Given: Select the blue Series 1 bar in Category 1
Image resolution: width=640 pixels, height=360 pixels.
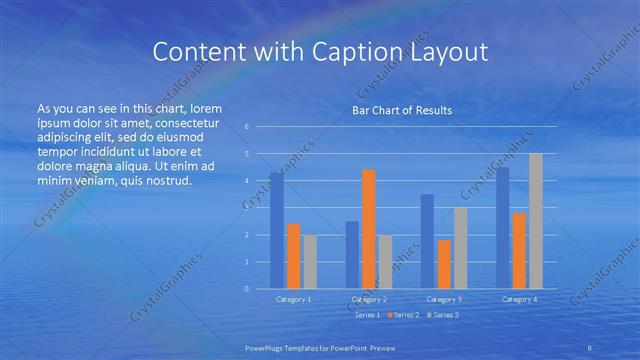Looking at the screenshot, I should pyautogui.click(x=277, y=230).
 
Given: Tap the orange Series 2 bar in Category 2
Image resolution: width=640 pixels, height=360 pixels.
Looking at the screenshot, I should pyautogui.click(x=369, y=229).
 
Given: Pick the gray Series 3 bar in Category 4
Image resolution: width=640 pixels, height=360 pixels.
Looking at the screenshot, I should pyautogui.click(x=536, y=221).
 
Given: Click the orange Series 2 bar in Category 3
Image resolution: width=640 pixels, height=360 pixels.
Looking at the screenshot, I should pyautogui.click(x=445, y=264).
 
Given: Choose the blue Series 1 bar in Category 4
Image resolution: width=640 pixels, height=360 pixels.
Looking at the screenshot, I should pyautogui.click(x=503, y=227).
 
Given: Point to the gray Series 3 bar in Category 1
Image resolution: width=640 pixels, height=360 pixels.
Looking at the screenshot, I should pyautogui.click(x=310, y=261).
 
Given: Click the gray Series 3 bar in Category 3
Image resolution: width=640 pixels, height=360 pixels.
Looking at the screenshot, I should pyautogui.click(x=460, y=248).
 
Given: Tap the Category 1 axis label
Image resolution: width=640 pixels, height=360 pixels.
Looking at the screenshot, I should pyautogui.click(x=294, y=299).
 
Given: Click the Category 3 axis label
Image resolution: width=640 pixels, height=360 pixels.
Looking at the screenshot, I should pyautogui.click(x=444, y=299).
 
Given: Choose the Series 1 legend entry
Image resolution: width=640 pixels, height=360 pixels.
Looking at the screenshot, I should pyautogui.click(x=366, y=315).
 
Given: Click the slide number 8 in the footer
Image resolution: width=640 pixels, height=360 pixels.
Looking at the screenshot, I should pyautogui.click(x=591, y=347).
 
